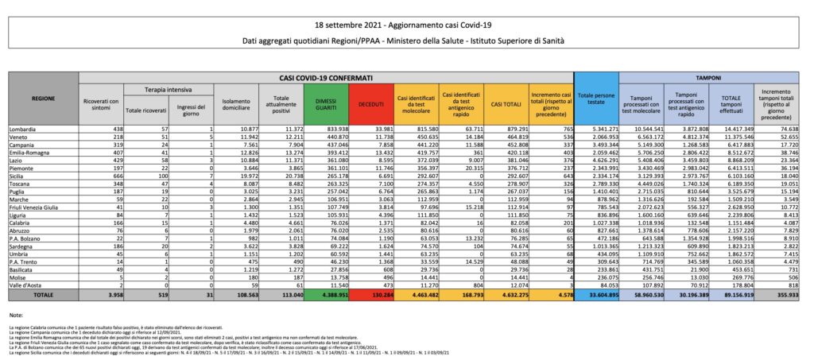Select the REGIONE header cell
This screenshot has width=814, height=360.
[42, 99]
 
